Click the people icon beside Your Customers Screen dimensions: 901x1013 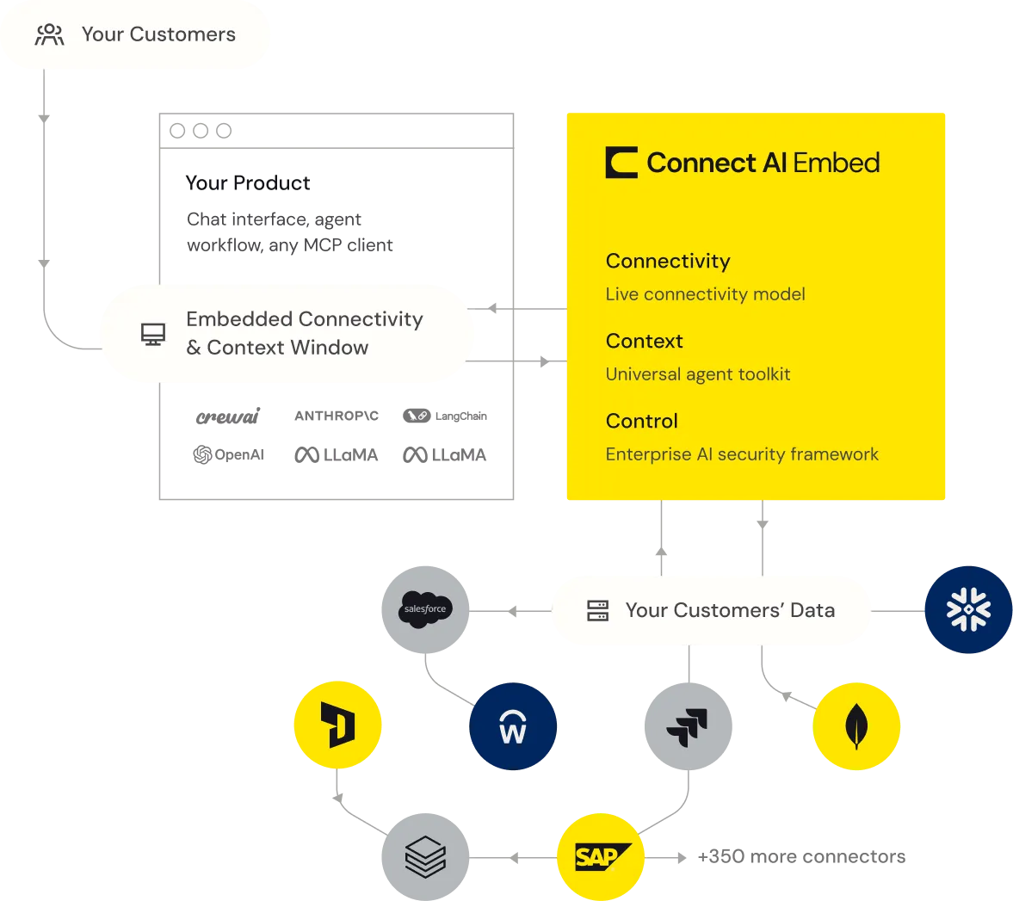click(49, 34)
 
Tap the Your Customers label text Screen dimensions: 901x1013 click(158, 34)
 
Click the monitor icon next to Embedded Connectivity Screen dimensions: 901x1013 click(153, 334)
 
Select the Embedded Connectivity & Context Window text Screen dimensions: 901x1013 click(304, 333)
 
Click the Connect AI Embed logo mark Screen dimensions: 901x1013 click(621, 163)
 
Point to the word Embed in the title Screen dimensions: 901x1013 click(836, 163)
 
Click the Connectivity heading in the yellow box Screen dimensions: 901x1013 click(668, 261)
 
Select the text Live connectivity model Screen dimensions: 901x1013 click(705, 294)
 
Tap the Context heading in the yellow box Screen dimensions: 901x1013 click(644, 341)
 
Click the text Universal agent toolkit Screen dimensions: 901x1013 click(697, 374)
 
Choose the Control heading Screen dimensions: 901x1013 click(641, 421)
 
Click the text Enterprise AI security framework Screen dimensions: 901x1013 click(742, 454)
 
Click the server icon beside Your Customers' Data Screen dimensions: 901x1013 click(597, 610)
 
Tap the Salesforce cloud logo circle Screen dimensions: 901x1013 click(425, 609)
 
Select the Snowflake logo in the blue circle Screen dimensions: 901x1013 click(968, 609)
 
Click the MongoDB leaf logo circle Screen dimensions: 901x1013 click(856, 726)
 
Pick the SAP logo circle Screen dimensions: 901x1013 click(602, 857)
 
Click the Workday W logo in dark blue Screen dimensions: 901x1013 click(513, 726)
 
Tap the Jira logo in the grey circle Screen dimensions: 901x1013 click(688, 726)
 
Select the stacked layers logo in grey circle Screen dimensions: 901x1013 click(425, 857)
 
